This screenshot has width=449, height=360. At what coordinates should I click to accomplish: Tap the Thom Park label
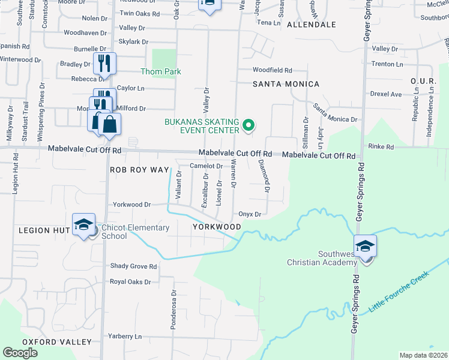(160, 71)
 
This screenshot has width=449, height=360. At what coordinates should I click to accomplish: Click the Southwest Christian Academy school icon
(364, 247)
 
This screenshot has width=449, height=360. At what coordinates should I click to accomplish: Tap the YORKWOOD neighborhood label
(217, 227)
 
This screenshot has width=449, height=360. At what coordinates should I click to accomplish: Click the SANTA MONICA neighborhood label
(286, 84)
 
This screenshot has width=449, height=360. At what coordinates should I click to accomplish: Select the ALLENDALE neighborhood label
(311, 25)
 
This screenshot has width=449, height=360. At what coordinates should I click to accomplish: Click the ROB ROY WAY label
(140, 170)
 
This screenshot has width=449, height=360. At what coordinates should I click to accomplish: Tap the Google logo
(20, 353)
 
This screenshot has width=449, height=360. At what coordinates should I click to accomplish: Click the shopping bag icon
(110, 124)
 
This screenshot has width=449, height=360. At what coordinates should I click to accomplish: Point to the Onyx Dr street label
(250, 214)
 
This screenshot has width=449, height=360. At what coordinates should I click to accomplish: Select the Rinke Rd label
(381, 146)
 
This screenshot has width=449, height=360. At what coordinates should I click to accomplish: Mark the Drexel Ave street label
(386, 94)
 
